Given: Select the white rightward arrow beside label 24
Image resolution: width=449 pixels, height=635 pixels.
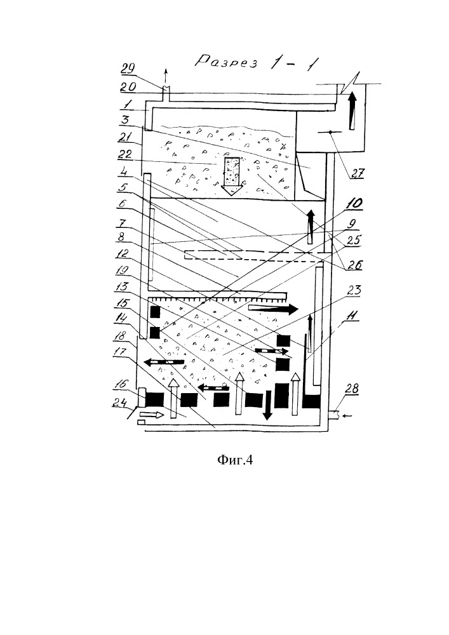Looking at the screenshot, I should (154, 415).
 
